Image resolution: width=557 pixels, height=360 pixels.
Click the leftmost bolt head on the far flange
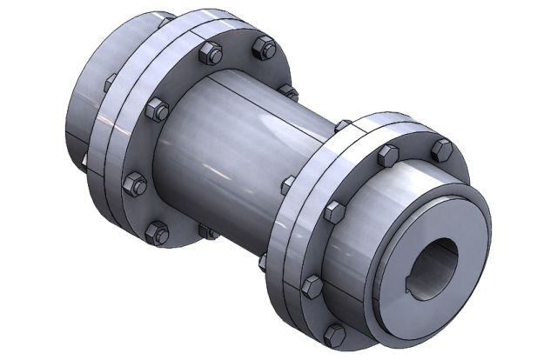click(134, 183)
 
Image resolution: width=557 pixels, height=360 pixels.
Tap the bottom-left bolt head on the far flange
click(157, 230)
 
